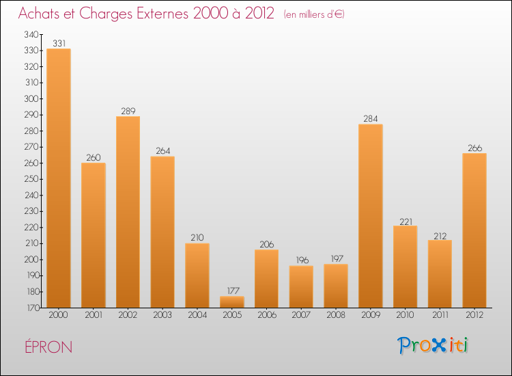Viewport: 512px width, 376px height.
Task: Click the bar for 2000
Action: point(59,178)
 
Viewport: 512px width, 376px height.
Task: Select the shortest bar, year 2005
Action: point(232,301)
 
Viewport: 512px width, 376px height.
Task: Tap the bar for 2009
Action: point(371,215)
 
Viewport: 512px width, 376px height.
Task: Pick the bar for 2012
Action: point(474,230)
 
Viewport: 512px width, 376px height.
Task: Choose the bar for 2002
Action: point(128,212)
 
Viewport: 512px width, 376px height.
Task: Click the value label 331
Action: point(59,44)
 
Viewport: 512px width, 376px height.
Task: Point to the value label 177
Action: point(232,291)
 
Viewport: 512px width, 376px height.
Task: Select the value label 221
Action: point(406,221)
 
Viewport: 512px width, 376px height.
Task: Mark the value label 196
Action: point(301,260)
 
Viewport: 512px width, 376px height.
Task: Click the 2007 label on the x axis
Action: point(301,316)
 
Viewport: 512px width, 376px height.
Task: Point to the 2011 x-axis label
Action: point(440,316)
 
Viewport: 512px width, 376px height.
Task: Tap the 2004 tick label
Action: point(197,316)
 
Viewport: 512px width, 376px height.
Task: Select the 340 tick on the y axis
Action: point(31,34)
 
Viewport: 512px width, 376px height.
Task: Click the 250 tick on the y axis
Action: point(31,179)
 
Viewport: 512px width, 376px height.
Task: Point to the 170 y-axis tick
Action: point(31,308)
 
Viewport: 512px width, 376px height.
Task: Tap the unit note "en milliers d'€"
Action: point(314,14)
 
